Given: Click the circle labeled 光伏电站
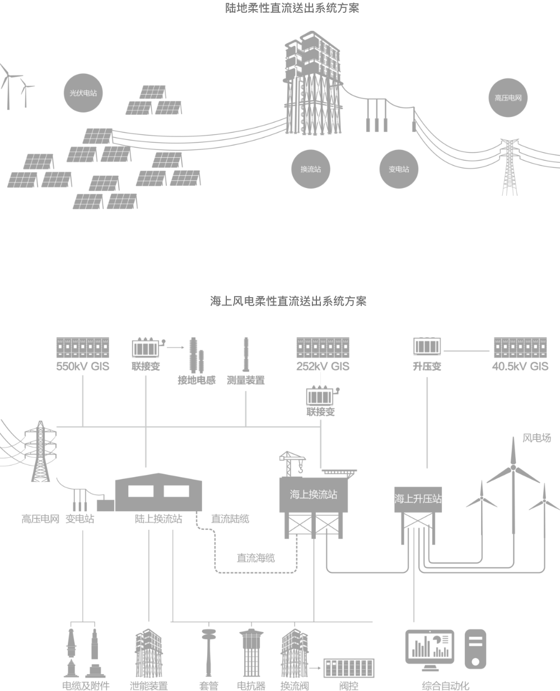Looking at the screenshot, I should pyautogui.click(x=83, y=93).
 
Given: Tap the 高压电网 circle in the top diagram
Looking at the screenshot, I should pyautogui.click(x=508, y=98).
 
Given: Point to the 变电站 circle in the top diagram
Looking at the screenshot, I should pyautogui.click(x=399, y=169).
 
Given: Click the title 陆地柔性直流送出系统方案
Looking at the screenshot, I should pyautogui.click(x=288, y=8).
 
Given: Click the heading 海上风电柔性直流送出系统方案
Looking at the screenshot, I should pyautogui.click(x=288, y=301).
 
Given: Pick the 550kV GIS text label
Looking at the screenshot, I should pyautogui.click(x=82, y=367).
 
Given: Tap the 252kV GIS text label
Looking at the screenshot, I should pyautogui.click(x=323, y=367).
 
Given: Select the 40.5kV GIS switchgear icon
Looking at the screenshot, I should pyautogui.click(x=520, y=347).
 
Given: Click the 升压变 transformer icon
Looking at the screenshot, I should pyautogui.click(x=427, y=347).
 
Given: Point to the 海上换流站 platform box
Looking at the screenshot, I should pyautogui.click(x=314, y=495).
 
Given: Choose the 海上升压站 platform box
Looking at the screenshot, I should pyautogui.click(x=418, y=499).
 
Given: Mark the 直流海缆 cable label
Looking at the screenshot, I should pyautogui.click(x=255, y=558).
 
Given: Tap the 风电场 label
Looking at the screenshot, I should pyautogui.click(x=536, y=438).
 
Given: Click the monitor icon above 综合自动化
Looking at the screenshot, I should pyautogui.click(x=430, y=649).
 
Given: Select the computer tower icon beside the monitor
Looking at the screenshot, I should pyautogui.click(x=475, y=649).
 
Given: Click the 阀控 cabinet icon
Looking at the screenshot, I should pyautogui.click(x=348, y=668).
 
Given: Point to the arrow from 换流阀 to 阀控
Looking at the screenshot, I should pyautogui.click(x=316, y=668).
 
